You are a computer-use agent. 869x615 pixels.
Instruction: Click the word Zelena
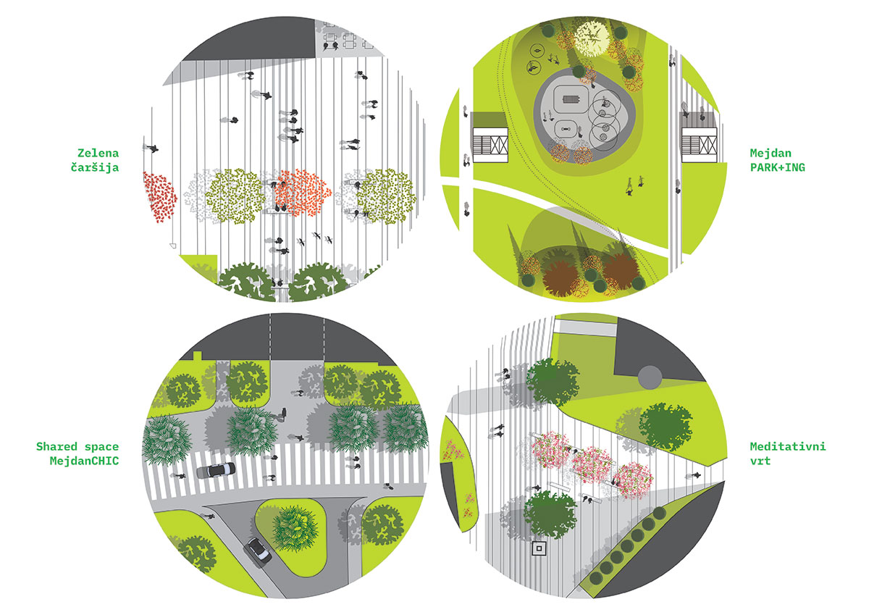point(98,154)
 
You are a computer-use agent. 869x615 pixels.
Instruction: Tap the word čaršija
point(95,167)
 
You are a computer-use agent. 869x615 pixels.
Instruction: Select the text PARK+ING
point(778,167)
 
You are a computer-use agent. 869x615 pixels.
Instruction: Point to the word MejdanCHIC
point(84,461)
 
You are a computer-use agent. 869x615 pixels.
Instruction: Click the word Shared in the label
point(56,447)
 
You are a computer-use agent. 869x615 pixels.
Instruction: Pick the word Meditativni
point(788,447)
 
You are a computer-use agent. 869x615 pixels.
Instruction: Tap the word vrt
point(760,461)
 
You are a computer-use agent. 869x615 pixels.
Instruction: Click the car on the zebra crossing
point(216,470)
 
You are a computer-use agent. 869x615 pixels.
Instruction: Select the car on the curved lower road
point(257,551)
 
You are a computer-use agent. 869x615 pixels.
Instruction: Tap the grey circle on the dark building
point(650,377)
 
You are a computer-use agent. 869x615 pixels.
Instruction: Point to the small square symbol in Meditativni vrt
point(539,548)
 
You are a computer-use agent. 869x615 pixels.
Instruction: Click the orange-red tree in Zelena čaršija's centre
point(302,192)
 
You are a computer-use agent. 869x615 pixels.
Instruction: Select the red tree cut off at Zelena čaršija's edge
point(159,197)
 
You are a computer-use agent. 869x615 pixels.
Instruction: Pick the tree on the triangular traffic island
point(295,528)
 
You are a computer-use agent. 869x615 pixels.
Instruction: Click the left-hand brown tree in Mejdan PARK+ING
point(559,278)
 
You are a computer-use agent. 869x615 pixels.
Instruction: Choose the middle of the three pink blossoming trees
point(592,465)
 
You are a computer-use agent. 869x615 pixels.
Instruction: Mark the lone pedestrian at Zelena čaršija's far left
point(151,148)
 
